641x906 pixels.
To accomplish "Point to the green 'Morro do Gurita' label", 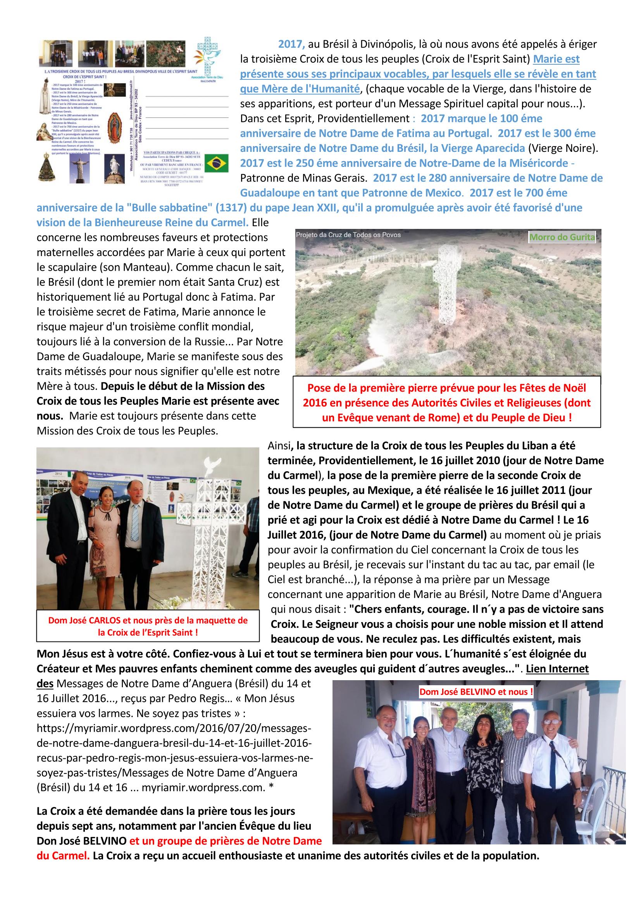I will pyautogui.click(x=562, y=237).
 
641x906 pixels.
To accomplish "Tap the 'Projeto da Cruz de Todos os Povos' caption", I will pyautogui.click(x=348, y=235).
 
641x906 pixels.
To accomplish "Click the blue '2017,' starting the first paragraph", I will pyautogui.click(x=292, y=44).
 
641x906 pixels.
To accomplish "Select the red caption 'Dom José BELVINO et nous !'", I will pyautogui.click(x=476, y=692).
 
